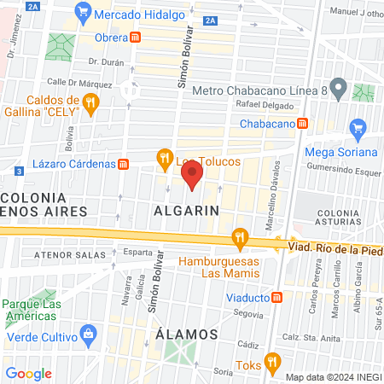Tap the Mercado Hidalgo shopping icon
[83, 11]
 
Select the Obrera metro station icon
[136, 38]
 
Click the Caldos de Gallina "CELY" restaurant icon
[91, 104]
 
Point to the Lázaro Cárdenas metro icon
[124, 164]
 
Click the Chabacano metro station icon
[303, 123]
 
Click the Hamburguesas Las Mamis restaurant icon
[241, 238]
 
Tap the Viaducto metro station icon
[278, 298]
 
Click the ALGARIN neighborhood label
[187, 209]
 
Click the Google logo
[28, 374]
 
